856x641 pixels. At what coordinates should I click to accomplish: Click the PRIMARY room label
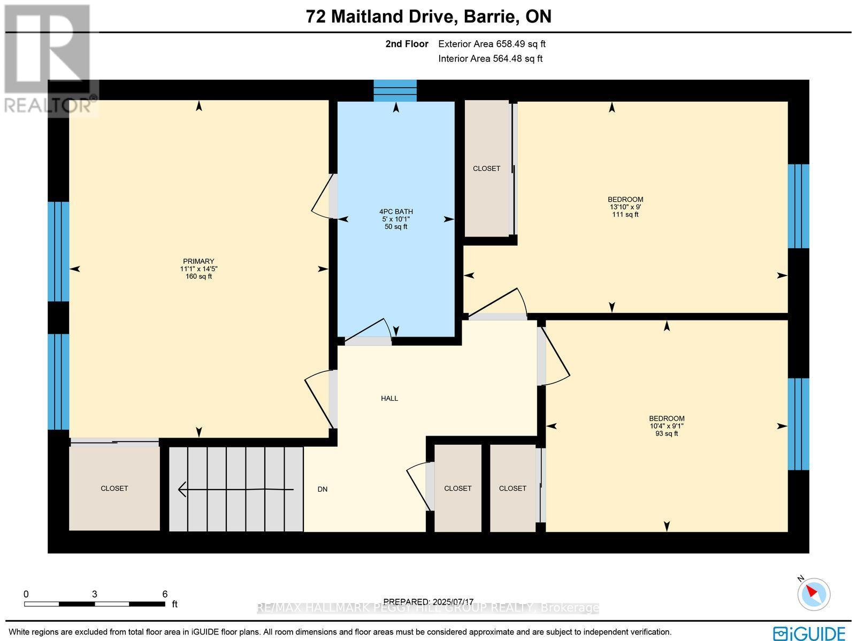(198, 262)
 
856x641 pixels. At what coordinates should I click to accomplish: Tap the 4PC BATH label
(396, 211)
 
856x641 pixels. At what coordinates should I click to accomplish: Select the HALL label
(389, 399)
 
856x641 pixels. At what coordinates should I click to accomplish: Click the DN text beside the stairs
(322, 489)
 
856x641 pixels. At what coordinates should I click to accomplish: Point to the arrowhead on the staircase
(182, 489)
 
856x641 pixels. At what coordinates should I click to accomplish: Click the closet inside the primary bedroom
(114, 488)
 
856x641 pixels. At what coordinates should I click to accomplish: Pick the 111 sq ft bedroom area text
(625, 215)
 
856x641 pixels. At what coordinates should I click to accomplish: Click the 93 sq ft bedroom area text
(667, 433)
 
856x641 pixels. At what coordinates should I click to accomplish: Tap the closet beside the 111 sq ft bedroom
(486, 169)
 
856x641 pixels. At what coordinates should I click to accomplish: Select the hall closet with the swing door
(457, 488)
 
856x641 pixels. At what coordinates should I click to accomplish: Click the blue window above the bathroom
(395, 90)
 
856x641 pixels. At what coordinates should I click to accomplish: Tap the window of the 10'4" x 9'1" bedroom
(798, 424)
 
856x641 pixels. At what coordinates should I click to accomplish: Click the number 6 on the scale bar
(165, 594)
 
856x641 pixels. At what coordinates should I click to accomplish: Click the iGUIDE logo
(809, 632)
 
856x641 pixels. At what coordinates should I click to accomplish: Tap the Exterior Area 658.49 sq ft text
(492, 44)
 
